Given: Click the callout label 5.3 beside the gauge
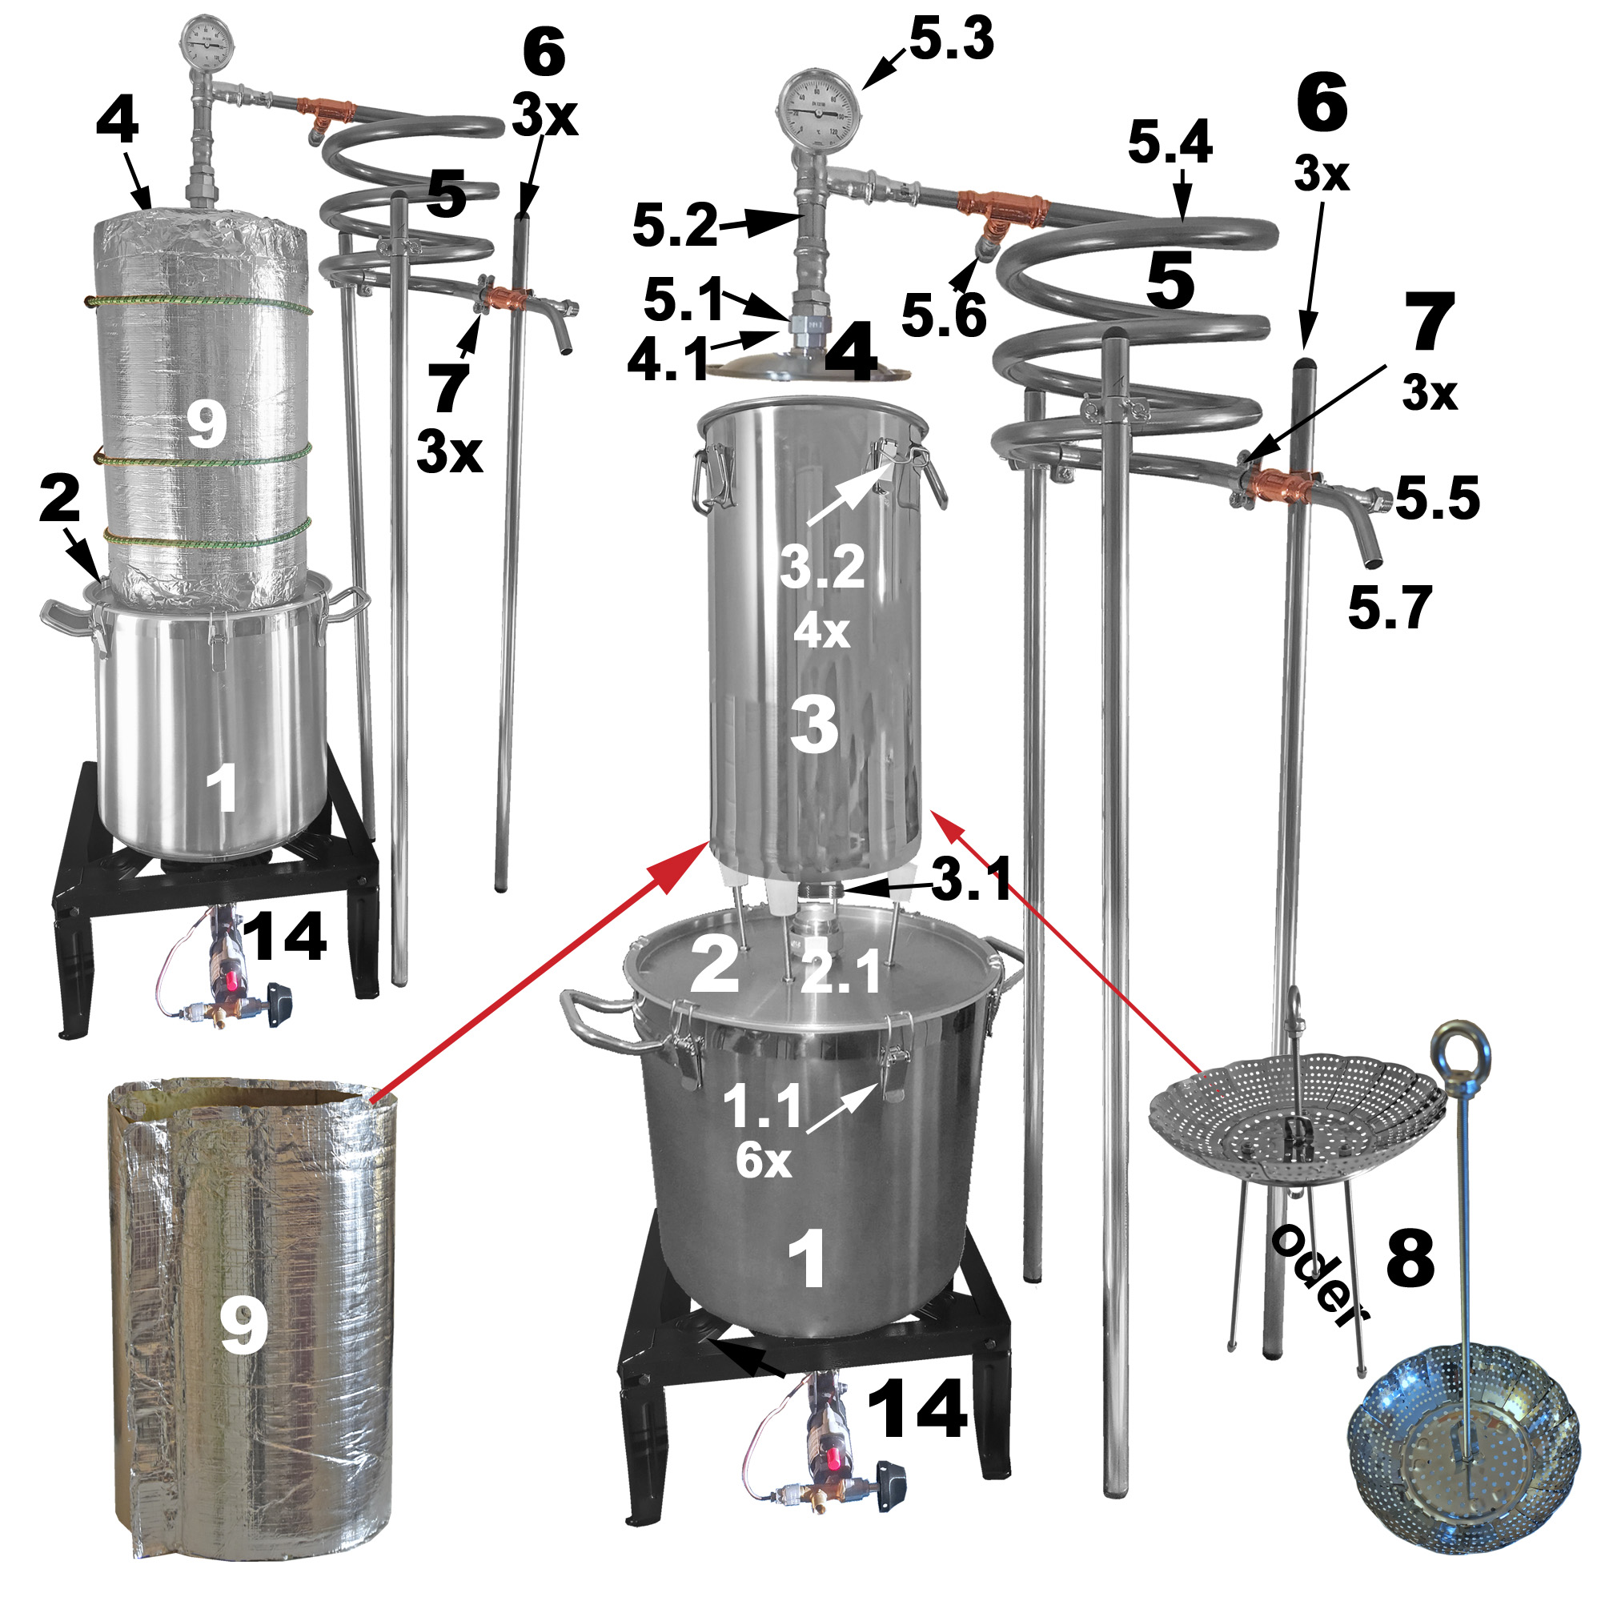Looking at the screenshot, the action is click(x=951, y=39).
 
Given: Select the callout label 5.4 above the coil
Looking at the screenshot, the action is click(x=1170, y=141).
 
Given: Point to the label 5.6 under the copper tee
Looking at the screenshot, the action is click(x=944, y=315).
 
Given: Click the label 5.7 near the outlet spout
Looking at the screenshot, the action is click(x=1390, y=608).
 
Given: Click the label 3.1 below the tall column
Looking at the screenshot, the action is click(x=971, y=878).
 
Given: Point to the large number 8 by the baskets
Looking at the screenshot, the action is click(x=1410, y=1258).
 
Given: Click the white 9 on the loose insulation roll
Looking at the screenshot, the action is click(x=243, y=1326).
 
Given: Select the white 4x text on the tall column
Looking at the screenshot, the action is click(x=821, y=632).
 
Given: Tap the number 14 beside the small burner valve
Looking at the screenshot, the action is click(x=284, y=937).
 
